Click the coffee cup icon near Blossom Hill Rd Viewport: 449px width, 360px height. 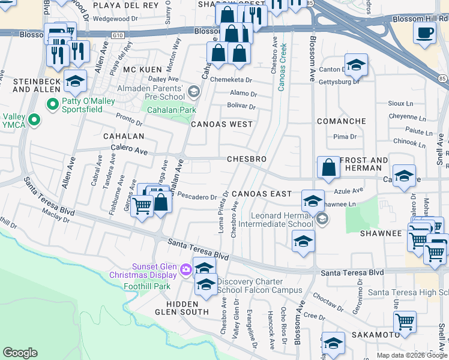(426, 33)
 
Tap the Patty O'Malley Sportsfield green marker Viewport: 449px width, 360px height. (53, 104)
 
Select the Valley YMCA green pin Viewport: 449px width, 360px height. (34, 120)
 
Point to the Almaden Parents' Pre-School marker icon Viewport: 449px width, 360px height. (193, 92)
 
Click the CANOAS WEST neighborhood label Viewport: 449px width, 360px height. (221, 124)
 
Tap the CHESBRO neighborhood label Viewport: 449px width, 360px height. (246, 159)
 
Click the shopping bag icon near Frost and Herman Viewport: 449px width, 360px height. (329, 168)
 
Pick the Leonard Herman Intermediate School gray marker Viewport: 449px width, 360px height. (322, 220)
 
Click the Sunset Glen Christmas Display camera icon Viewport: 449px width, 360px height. (185, 271)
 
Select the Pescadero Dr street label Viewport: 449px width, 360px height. (197, 197)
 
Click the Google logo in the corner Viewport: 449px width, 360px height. (20, 353)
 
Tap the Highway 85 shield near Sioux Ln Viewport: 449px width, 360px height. (442, 78)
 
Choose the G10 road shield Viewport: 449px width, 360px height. (117, 36)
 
